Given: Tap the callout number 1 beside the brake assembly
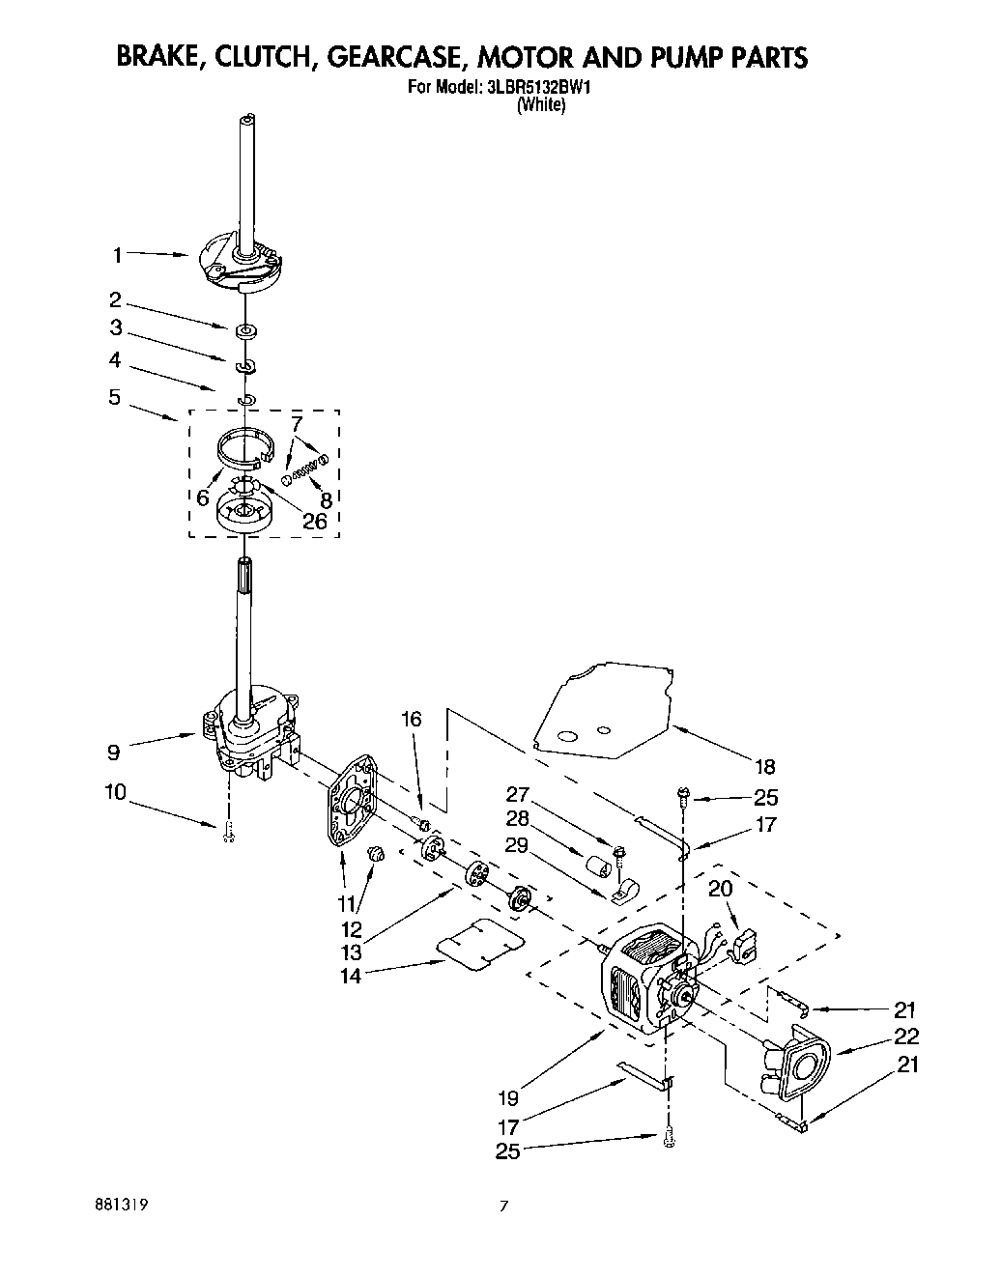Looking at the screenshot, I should coord(117,256).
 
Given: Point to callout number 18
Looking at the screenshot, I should coord(764,767).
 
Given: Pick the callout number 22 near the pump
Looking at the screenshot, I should coord(906,1037).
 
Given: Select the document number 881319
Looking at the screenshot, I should coord(122,1206).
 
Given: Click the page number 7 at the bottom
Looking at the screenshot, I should coord(502,1206).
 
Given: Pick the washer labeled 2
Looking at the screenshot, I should coord(246,331).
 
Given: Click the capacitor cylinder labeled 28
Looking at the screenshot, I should coord(599,863).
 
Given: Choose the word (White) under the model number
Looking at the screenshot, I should coord(540,106).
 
